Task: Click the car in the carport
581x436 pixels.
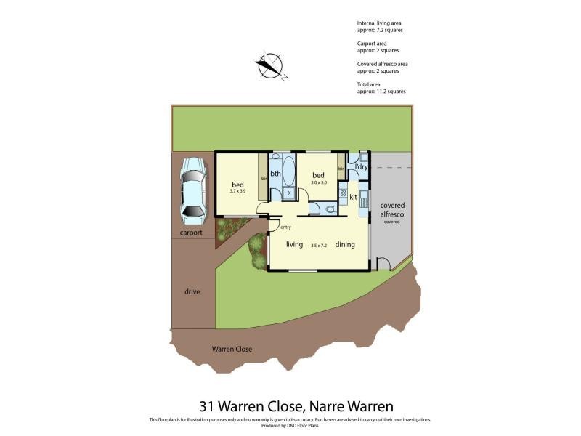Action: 192,191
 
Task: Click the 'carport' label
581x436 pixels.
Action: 191,233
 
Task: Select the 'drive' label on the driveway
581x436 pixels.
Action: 192,291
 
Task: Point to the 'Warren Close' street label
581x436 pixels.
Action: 232,349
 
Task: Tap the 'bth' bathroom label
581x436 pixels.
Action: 275,174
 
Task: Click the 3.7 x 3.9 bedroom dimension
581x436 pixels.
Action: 238,191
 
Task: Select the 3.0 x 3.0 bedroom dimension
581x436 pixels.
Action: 318,182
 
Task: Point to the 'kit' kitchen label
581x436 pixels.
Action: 353,197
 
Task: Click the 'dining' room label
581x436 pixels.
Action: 345,244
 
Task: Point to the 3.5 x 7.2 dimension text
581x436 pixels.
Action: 319,246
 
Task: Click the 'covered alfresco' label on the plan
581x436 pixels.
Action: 392,210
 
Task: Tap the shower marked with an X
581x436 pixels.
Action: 288,193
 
